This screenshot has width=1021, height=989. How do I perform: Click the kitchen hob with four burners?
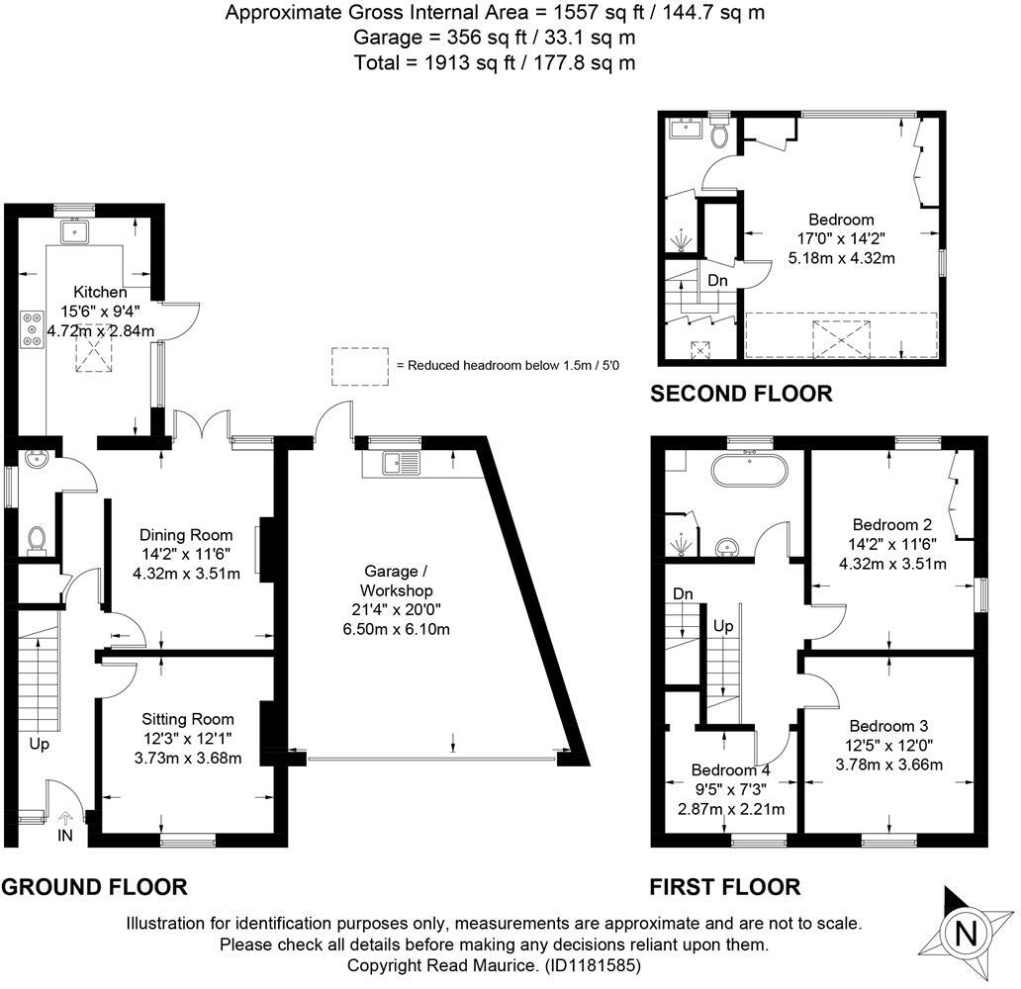point(33,329)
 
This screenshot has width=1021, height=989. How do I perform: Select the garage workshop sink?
point(402,463)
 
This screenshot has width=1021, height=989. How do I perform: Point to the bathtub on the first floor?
point(750,470)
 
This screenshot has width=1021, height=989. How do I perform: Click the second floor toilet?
point(719,133)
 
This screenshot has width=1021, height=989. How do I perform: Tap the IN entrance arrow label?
point(65,835)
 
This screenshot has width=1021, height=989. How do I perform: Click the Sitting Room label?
point(188,719)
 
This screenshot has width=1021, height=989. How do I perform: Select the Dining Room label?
point(186,535)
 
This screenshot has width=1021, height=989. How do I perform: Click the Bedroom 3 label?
point(888,726)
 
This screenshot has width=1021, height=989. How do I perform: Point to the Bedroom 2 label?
point(892,525)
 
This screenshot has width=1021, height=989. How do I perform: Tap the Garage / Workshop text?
point(396,581)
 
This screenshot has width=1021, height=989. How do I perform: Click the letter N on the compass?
point(967,935)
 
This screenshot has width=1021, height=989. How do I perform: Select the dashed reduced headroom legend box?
point(359,367)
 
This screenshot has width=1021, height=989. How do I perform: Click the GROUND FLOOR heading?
point(94,887)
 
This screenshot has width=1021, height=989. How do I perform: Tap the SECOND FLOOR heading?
point(742,394)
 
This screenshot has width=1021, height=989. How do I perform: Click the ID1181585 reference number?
point(593,965)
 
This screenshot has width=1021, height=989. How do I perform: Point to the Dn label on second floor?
point(717,281)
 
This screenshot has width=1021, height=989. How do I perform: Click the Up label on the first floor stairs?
point(723,626)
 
